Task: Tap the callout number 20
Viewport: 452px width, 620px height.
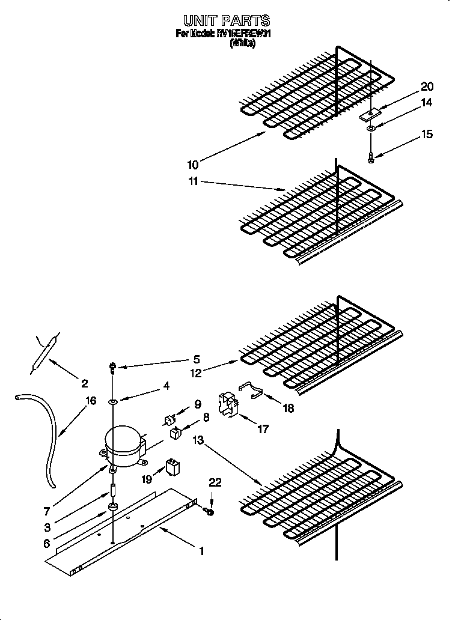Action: pyautogui.click(x=426, y=87)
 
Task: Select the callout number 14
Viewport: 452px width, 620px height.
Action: pyautogui.click(x=426, y=103)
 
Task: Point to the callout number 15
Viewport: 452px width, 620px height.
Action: pyautogui.click(x=426, y=134)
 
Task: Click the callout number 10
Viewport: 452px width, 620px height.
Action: pyautogui.click(x=192, y=165)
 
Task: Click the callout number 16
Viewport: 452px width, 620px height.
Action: pyautogui.click(x=91, y=401)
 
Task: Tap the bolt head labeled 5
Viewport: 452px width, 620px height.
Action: pyautogui.click(x=112, y=366)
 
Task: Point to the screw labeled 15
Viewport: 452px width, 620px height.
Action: pyautogui.click(x=371, y=157)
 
